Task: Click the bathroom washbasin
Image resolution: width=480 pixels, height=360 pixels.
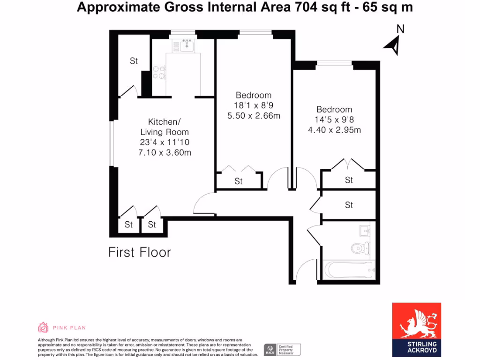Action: [365, 231]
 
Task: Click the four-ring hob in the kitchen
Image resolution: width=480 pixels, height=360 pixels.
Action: [159, 72]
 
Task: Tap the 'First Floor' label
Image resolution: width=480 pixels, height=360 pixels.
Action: [139, 252]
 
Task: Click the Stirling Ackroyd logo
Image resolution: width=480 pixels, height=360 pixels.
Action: [416, 327]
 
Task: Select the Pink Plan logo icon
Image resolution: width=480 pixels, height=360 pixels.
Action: [43, 327]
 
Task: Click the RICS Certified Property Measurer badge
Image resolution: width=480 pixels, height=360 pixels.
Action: [282, 350]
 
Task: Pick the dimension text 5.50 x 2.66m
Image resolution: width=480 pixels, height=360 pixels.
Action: [254, 116]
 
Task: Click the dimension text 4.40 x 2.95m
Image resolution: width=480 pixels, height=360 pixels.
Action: [334, 130]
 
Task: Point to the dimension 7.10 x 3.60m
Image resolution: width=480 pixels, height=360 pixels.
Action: [165, 152]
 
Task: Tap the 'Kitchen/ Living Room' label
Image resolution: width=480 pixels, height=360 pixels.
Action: [165, 126]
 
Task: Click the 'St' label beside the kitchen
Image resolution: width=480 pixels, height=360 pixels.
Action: [134, 61]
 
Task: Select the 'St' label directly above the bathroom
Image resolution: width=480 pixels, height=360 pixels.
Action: [349, 205]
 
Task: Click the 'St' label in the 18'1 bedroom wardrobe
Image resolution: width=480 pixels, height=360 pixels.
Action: [239, 181]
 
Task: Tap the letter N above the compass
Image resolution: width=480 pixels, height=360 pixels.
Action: [400, 29]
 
